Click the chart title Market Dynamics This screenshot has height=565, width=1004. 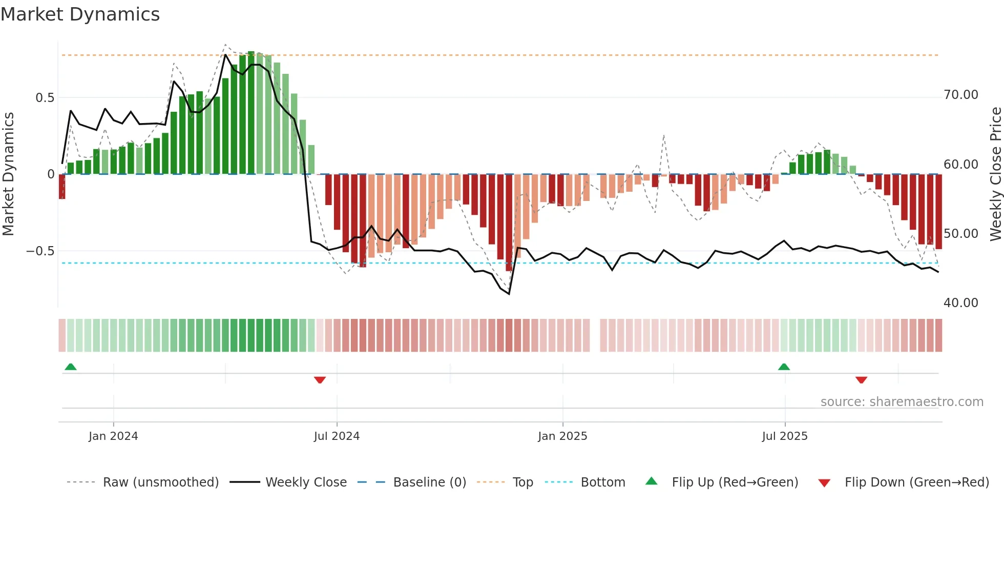80,14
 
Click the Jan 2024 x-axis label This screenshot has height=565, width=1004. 113,436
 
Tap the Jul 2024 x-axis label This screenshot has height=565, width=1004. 337,436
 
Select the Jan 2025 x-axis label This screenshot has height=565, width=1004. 562,436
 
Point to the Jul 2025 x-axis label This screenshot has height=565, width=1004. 785,436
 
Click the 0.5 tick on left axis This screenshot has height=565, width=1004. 45,97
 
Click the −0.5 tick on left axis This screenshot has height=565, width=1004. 40,251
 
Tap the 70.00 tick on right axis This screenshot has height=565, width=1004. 960,95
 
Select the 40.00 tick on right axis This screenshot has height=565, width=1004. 960,303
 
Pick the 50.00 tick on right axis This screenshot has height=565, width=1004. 960,234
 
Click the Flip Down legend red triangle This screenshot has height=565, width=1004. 824,483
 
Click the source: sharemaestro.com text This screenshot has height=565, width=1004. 902,401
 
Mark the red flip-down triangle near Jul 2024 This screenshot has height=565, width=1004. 320,380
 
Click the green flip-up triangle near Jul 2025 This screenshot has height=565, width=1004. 784,367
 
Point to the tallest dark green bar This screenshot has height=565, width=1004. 251,113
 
